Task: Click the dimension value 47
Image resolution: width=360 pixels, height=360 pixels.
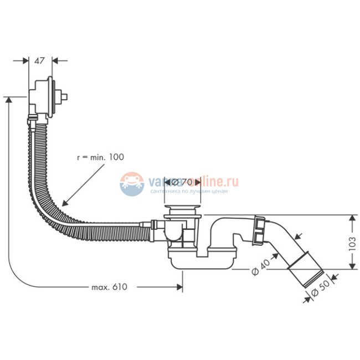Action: (x=39, y=61)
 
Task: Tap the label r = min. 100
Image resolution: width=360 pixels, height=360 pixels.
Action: (x=100, y=157)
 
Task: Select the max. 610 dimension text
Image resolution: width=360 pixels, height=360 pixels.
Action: (x=109, y=287)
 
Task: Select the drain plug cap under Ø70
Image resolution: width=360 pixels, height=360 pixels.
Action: (x=183, y=209)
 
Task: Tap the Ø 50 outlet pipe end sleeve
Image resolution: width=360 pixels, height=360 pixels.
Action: (x=306, y=270)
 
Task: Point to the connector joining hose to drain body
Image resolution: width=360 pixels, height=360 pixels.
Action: (x=155, y=225)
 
